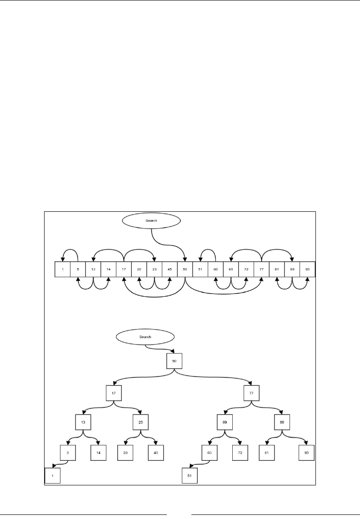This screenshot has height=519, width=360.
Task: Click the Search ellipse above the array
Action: point(151,220)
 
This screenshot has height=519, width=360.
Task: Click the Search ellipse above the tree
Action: point(145,337)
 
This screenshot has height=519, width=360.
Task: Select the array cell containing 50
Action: point(185,269)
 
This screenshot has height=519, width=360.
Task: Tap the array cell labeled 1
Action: point(62,269)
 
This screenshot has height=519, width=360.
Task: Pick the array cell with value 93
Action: point(307,269)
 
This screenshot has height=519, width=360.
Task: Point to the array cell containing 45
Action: point(169,269)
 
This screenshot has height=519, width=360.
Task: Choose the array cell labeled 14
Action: point(108,269)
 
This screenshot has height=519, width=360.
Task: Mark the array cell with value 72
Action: point(246,269)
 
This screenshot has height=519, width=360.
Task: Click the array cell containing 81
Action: point(277,269)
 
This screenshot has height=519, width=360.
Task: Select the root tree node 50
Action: point(175,360)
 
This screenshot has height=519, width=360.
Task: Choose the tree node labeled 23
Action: point(141,422)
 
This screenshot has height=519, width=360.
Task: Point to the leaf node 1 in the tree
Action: point(53,475)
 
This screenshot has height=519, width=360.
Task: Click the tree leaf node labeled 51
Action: point(190,475)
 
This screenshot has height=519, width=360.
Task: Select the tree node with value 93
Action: point(307,453)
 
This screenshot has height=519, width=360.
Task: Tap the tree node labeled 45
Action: point(155,453)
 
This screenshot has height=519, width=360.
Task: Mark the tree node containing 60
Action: point(210,453)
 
